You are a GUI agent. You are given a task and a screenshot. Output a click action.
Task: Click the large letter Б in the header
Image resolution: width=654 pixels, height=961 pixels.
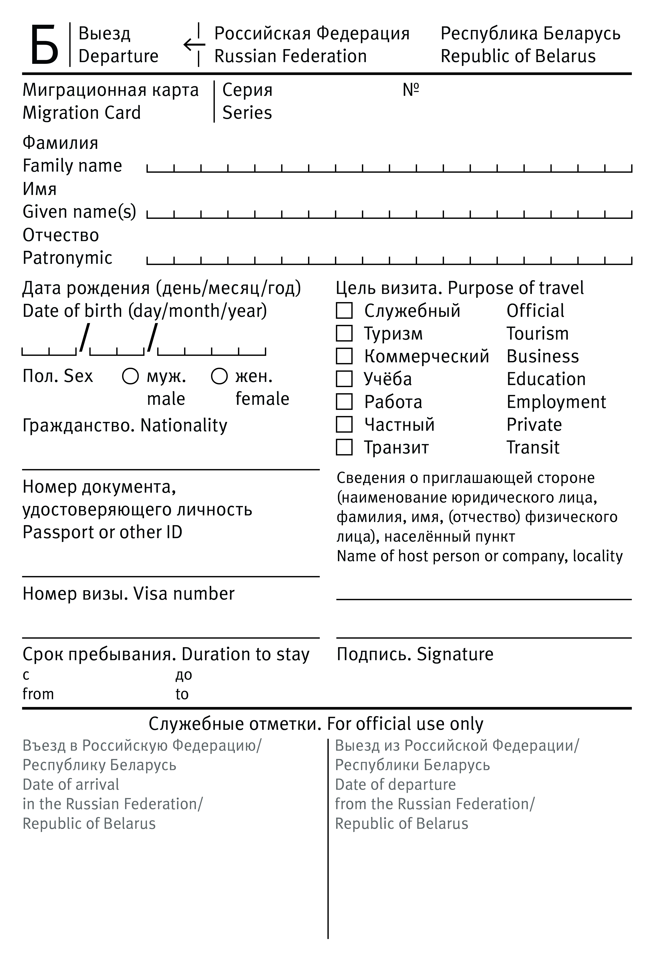coord(44,45)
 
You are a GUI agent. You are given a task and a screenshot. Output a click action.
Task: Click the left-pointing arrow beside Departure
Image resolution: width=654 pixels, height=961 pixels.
coord(194,44)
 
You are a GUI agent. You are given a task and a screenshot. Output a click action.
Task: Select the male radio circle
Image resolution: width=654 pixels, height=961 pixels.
coord(130,376)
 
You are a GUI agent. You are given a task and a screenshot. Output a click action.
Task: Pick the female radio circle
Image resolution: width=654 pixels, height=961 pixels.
coord(219,376)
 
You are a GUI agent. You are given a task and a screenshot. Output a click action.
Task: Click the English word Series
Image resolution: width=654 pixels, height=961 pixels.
coord(247,112)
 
